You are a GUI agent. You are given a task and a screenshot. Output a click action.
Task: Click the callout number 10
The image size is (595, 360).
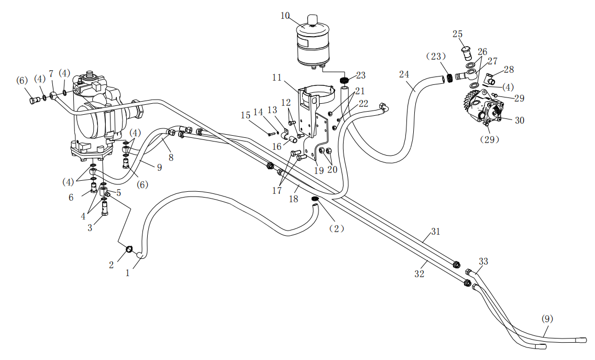pyautogui.click(x=285, y=15)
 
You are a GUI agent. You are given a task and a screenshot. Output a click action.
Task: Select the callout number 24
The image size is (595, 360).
pyautogui.click(x=404, y=74)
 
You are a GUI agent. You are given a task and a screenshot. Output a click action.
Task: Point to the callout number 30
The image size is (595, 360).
pyautogui.click(x=519, y=120)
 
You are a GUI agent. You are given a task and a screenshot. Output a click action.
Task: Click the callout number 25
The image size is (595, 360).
pyautogui.click(x=458, y=34)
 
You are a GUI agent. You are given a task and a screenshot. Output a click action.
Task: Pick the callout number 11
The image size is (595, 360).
pyautogui.click(x=277, y=78)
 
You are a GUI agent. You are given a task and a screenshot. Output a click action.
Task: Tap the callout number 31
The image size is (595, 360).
pyautogui.click(x=436, y=231)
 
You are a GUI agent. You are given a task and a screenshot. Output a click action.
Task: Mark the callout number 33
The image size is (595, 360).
pyautogui.click(x=483, y=261)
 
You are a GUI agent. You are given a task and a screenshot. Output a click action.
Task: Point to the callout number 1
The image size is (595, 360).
pyautogui.click(x=127, y=272)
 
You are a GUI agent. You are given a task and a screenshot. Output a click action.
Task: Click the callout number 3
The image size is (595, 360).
pyautogui.click(x=90, y=228)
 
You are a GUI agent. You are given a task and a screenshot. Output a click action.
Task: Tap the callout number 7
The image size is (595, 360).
pyautogui.click(x=51, y=74)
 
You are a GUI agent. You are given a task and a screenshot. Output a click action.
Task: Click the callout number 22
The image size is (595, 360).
pyautogui.click(x=363, y=104)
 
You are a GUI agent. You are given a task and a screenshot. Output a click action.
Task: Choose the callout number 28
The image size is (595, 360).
pyautogui.click(x=509, y=70)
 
